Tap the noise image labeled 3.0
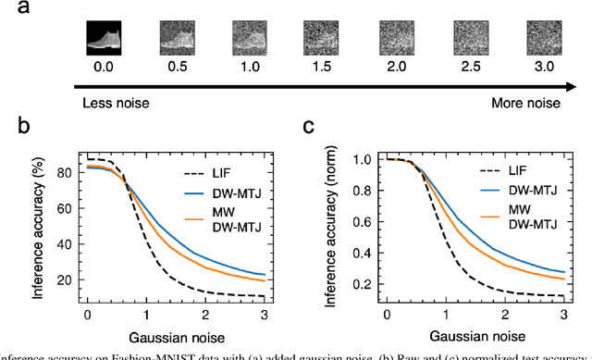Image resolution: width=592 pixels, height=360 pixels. tap(542, 38)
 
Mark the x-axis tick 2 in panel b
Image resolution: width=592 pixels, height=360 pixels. tap(211, 316)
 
